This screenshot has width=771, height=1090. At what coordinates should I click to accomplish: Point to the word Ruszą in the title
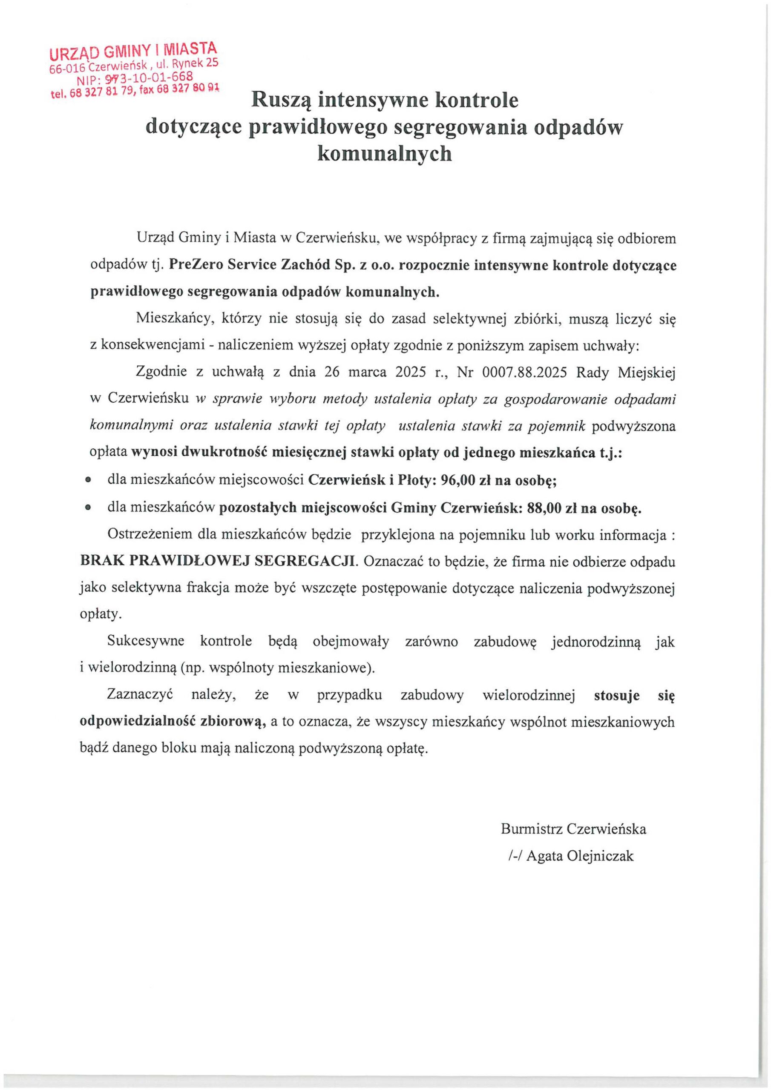281,100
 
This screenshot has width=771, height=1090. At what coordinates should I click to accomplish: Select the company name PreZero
195,265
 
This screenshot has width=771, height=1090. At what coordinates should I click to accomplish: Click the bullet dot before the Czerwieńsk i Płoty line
87,481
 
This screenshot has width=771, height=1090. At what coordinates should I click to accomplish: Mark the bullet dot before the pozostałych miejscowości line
87,508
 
